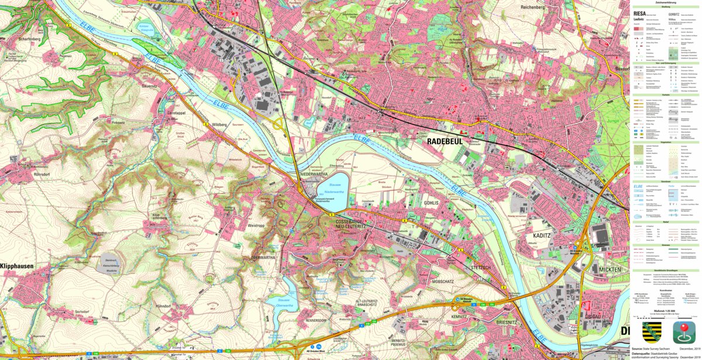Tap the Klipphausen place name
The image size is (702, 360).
pos(16,266)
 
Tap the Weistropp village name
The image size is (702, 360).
pos(257,225)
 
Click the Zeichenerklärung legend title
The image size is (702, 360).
pos(666,3)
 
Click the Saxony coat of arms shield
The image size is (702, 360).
pos(652,332)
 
